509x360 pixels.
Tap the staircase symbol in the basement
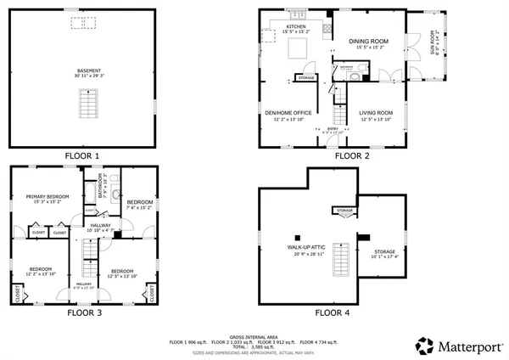(x=85, y=104)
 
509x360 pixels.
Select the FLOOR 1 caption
(x=83, y=156)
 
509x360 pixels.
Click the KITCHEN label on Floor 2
(x=295, y=27)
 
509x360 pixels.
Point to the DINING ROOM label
(x=367, y=41)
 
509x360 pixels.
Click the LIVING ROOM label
(x=377, y=113)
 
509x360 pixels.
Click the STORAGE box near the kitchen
(x=305, y=78)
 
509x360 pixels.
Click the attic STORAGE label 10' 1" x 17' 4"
(x=384, y=252)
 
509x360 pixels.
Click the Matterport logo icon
(x=424, y=346)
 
